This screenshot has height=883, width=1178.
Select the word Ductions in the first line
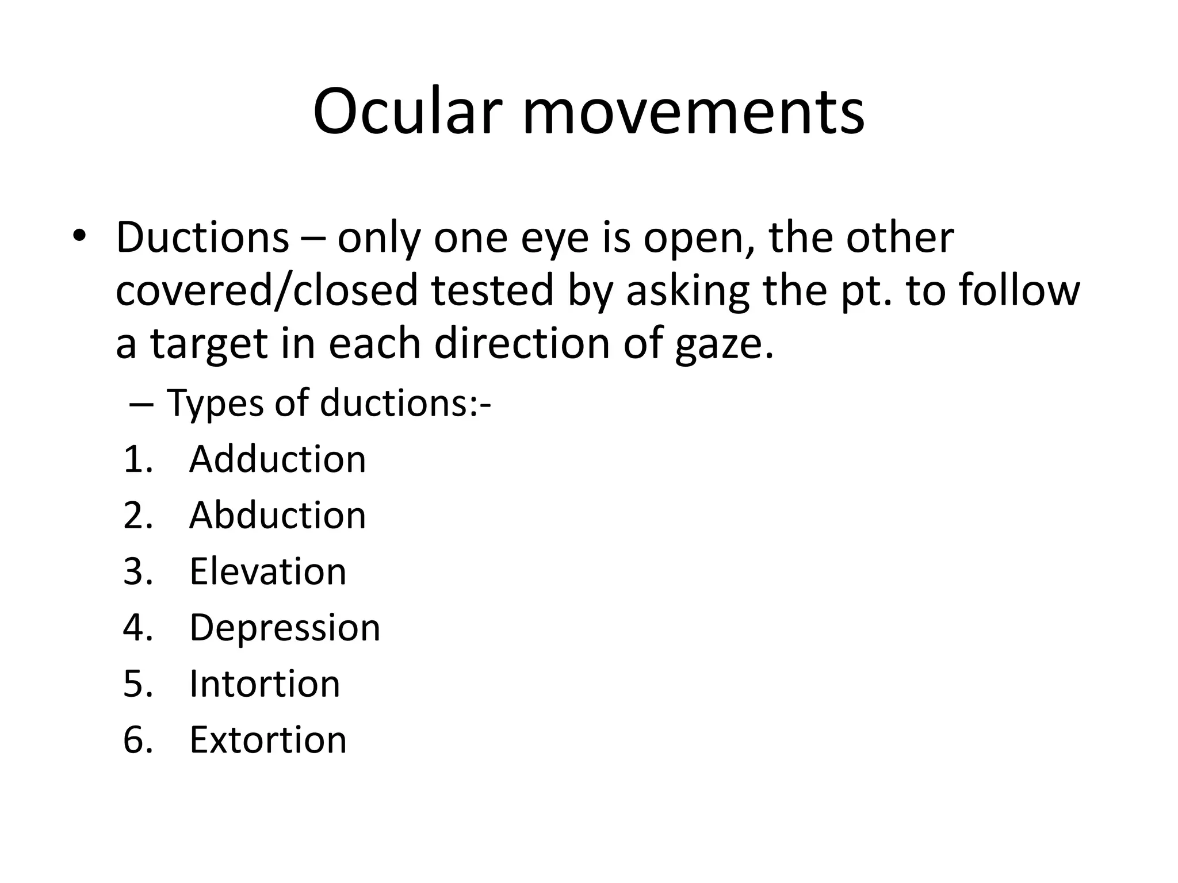(202, 237)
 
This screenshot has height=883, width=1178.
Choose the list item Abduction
(277, 515)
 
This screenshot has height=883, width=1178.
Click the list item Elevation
(267, 571)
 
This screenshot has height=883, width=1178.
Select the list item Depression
(285, 628)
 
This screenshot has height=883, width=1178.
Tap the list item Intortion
(265, 684)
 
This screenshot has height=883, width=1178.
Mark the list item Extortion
(268, 739)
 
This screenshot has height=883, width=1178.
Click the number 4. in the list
(138, 627)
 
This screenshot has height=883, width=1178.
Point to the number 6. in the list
(138, 739)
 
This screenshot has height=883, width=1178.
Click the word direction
(521, 343)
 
